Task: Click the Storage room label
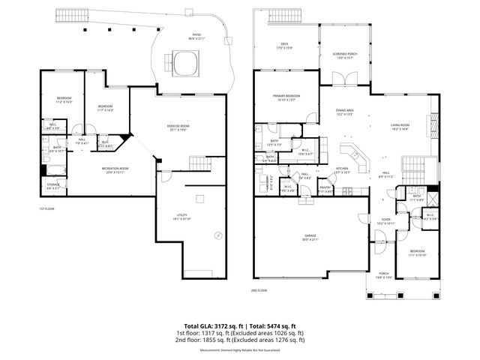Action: click(52, 185)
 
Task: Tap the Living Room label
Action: click(399, 126)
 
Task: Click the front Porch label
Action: click(383, 274)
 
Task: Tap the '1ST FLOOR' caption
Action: click(47, 208)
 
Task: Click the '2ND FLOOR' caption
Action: click(259, 289)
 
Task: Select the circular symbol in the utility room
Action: click(218, 235)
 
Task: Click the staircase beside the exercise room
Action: click(197, 163)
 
